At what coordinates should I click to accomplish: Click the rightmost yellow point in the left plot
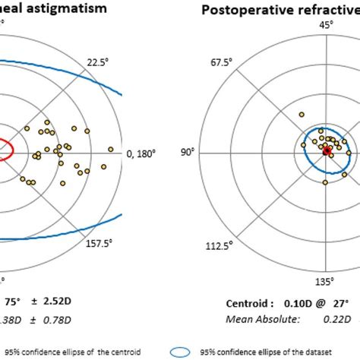pos(112,148)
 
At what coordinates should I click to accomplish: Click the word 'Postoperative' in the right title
pos(243,10)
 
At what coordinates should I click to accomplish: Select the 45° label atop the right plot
pos(326,26)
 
